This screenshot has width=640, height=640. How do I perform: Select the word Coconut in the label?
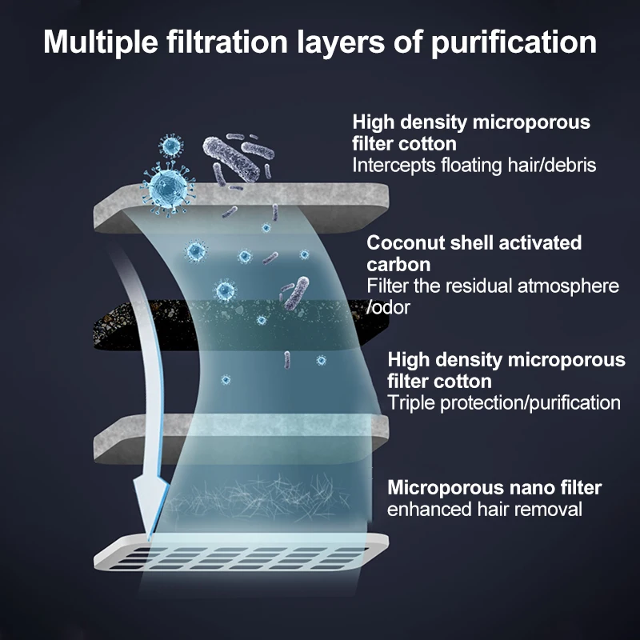[403, 242]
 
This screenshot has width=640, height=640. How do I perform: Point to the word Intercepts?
[390, 166]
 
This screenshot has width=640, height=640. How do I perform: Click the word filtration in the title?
[220, 42]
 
